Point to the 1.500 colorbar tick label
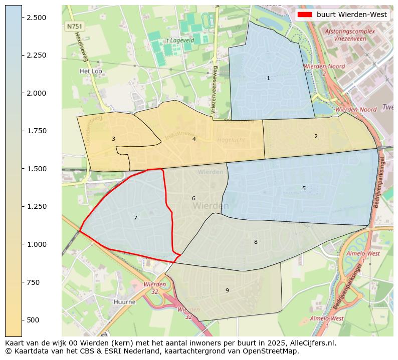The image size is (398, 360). point(36,169)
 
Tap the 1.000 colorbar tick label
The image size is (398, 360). point(36,244)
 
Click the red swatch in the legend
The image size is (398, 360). point(305,15)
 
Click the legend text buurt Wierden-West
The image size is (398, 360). point(351,15)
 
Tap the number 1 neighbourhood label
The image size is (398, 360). point(268,78)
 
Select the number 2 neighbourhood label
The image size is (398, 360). point(316,136)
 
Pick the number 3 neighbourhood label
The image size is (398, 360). point(113,139)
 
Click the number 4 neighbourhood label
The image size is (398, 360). point(194,139)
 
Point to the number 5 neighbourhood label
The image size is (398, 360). point(304,188)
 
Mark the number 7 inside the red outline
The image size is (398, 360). point(135,218)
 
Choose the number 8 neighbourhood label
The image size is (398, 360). point(256,242)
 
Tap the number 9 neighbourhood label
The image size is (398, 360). point(227,290)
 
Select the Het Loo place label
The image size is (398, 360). point(91,71)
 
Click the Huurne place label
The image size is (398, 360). point(124,302)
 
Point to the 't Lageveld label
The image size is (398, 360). point(179,40)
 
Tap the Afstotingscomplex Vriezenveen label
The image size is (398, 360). point(350,35)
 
